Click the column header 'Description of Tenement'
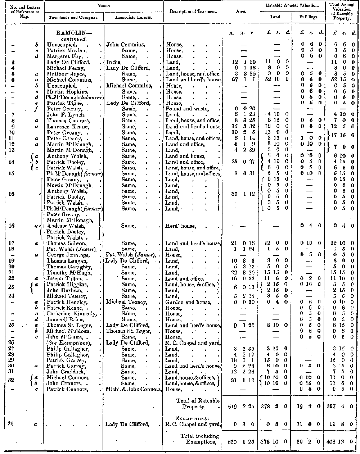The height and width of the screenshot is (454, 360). pyautogui.click(x=193, y=12)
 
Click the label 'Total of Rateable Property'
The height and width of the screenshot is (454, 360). pyautogui.click(x=198, y=404)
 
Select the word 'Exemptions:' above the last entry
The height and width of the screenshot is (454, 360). pyautogui.click(x=192, y=418)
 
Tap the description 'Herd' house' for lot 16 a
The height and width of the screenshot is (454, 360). pyautogui.click(x=180, y=226)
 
